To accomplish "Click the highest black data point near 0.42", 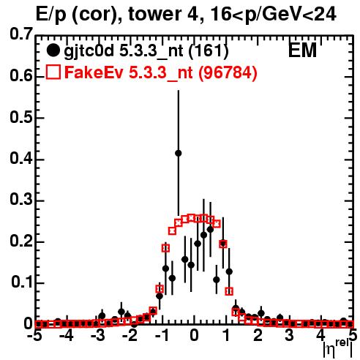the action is [179, 153].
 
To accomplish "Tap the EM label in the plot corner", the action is [302, 50].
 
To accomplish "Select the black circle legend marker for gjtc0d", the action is [53, 50].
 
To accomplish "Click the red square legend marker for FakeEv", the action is [53, 72].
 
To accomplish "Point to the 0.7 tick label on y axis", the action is [21, 34].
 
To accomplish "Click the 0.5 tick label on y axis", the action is [21, 118].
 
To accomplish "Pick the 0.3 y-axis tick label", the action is [21, 200].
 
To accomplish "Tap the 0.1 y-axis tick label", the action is [21, 282].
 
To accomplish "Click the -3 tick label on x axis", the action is [98, 336].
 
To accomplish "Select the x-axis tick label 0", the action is [194, 336].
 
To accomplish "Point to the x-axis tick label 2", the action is [258, 336].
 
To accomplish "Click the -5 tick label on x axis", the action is [34, 336].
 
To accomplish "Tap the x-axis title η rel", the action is [338, 349].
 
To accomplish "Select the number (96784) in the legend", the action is [228, 72].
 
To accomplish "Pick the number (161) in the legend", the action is [209, 51].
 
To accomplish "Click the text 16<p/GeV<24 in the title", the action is [273, 15].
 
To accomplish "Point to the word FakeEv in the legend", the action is [94, 72].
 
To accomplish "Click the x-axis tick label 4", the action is [320, 336].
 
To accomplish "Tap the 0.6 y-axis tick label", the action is [21, 75].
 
